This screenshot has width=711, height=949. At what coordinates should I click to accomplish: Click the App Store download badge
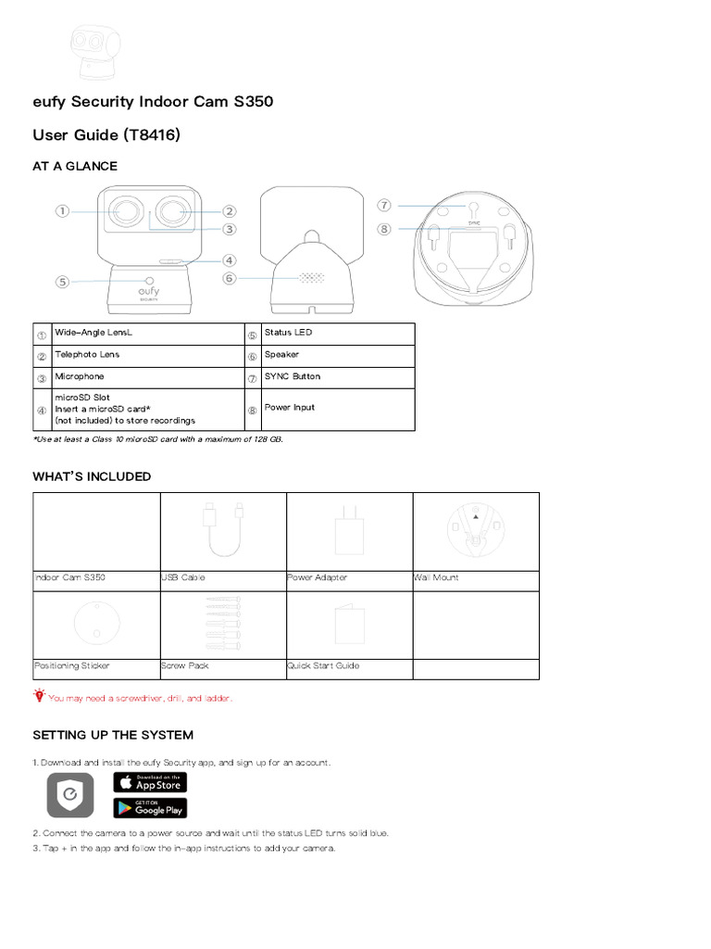click(x=150, y=782)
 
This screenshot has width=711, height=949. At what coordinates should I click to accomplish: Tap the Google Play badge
click(x=150, y=808)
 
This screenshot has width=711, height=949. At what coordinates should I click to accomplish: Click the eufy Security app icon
click(x=70, y=795)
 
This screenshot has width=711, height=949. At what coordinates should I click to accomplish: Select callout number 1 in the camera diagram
click(x=62, y=211)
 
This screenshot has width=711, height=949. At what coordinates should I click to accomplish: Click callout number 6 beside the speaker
click(x=230, y=277)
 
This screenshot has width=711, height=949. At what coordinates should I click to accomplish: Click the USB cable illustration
click(x=223, y=531)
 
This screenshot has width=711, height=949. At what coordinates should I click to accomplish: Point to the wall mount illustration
click(x=475, y=531)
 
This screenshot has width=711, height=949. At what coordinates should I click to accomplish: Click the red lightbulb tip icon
click(x=39, y=694)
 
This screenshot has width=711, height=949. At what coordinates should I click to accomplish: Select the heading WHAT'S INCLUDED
click(x=92, y=476)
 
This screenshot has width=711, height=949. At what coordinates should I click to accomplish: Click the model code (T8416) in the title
click(x=150, y=135)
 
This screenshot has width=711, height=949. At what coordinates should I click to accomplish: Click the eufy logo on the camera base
click(x=147, y=292)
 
